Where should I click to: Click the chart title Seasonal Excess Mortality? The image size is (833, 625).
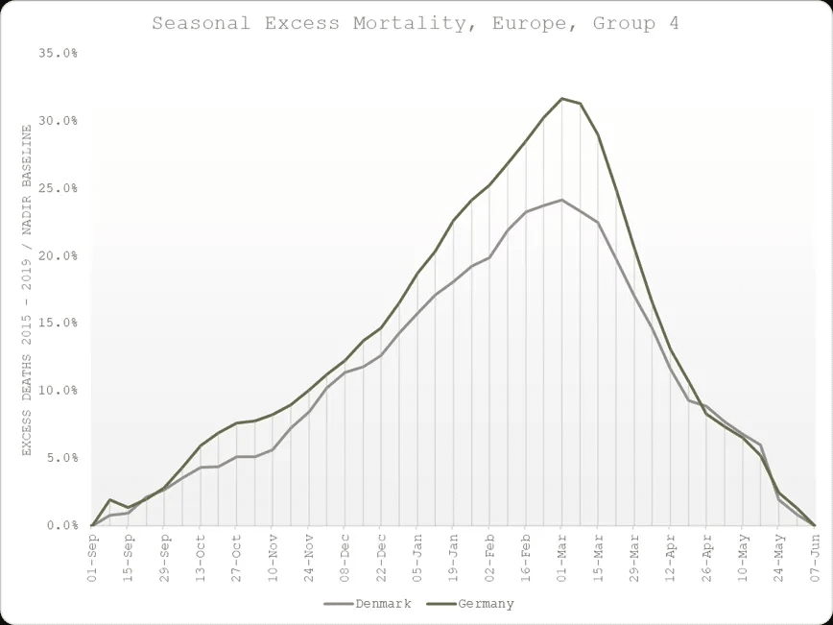coord(415,23)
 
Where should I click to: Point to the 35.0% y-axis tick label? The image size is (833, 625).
coord(59,54)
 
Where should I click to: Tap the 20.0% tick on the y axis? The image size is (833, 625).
coord(59,256)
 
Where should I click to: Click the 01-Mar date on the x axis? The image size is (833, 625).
coord(560,555)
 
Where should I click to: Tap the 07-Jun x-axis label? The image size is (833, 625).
coord(814,555)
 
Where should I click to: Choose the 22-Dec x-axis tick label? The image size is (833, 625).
coord(380,555)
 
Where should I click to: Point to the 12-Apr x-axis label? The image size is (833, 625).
coord(669,555)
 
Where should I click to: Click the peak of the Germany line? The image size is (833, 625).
coord(562,98)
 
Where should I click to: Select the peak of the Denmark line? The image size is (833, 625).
coord(562,200)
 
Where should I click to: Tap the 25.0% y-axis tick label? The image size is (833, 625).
coord(59,188)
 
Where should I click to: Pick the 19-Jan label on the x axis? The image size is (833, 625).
coord(452,555)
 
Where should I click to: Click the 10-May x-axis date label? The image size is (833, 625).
coord(741,555)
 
